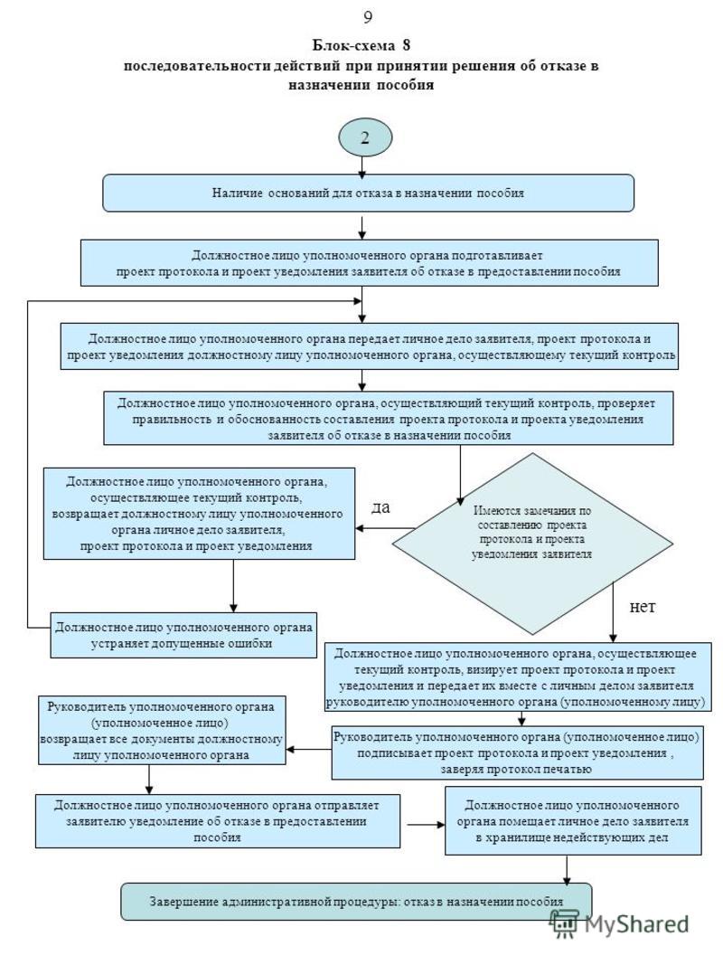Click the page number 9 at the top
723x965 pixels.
(368, 17)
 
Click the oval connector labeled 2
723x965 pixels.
(365, 137)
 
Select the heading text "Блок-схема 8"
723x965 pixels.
(361, 45)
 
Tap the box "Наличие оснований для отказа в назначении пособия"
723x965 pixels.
(368, 194)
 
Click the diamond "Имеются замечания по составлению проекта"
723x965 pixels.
(532, 544)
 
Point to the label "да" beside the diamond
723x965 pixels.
(380, 507)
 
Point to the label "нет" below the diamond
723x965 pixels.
(643, 607)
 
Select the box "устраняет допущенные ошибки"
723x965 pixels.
(183, 635)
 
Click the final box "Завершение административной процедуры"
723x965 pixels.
(356, 902)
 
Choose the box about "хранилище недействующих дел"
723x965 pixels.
(573, 821)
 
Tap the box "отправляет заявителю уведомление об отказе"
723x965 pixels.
(218, 821)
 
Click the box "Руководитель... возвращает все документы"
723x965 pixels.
(162, 731)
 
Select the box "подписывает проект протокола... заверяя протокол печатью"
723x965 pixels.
(517, 752)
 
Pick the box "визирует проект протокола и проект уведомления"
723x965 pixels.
(518, 677)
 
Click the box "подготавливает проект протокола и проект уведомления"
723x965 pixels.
(369, 263)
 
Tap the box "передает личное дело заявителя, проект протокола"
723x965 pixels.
(369, 346)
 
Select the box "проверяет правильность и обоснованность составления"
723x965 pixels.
(388, 418)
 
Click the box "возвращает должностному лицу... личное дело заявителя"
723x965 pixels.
(199, 514)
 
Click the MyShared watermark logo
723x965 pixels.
(618, 923)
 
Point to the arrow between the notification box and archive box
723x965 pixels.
(426, 825)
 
